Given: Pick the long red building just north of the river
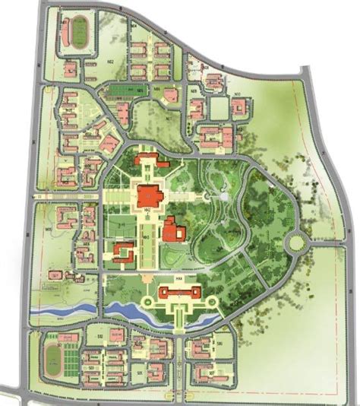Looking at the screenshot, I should point(179,293).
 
